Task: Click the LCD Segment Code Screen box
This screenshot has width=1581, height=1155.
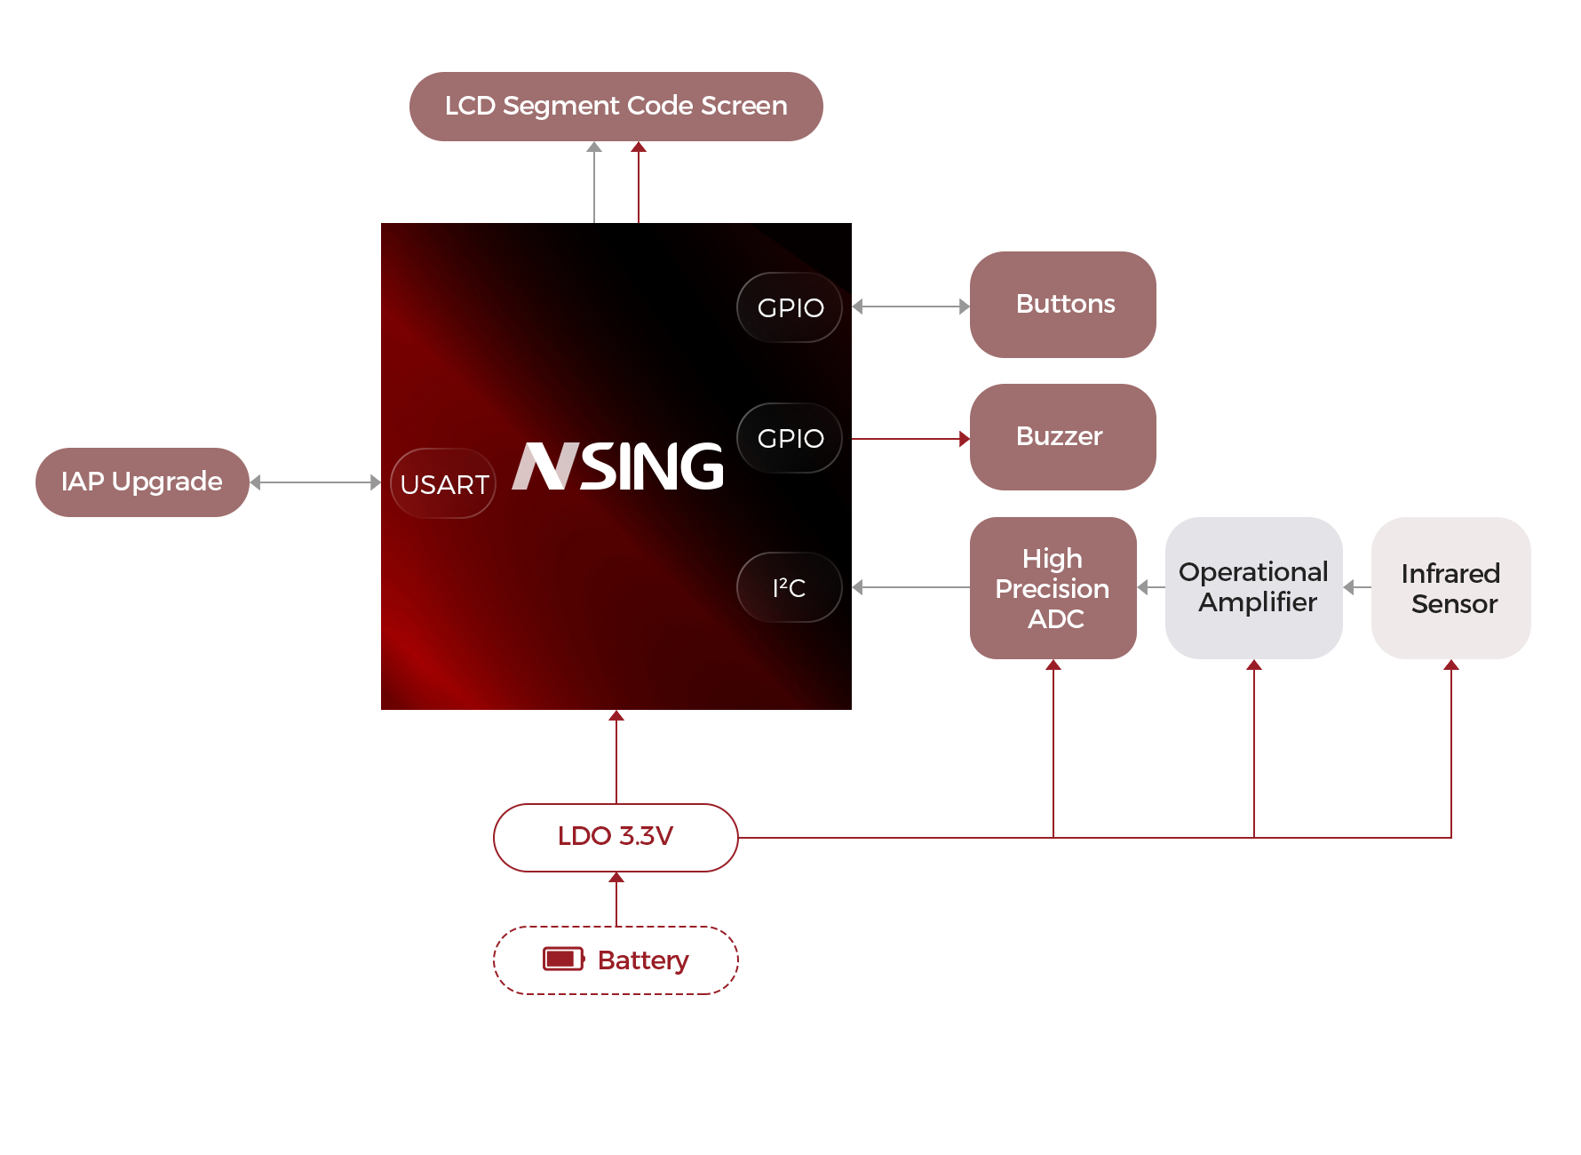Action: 616,106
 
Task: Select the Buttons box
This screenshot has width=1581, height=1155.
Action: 1062,304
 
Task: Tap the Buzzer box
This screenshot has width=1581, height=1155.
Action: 1062,436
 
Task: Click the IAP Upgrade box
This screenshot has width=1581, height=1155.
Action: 142,482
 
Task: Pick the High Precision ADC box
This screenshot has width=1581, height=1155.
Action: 1053,587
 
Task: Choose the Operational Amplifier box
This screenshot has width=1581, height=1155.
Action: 1253,587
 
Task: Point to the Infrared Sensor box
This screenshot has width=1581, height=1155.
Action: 1450,587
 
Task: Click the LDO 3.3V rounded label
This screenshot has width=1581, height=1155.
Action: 616,837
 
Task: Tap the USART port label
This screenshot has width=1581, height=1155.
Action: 444,484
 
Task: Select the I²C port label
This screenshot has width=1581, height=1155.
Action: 790,587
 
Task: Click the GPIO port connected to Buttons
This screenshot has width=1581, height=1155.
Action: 790,307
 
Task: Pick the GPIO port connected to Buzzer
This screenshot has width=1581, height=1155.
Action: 790,438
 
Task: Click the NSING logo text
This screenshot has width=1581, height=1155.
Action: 619,466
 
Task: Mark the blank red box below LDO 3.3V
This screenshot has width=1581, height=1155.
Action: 616,960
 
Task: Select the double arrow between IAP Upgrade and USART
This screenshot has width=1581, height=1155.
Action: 315,482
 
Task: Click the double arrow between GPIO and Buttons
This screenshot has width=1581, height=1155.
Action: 910,307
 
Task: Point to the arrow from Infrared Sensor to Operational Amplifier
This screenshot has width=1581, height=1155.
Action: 1355,587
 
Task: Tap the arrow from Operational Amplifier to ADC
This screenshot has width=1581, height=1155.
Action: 1150,587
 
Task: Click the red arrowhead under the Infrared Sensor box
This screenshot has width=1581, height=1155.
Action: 1451,665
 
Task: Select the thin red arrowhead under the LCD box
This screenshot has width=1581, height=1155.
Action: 639,147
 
